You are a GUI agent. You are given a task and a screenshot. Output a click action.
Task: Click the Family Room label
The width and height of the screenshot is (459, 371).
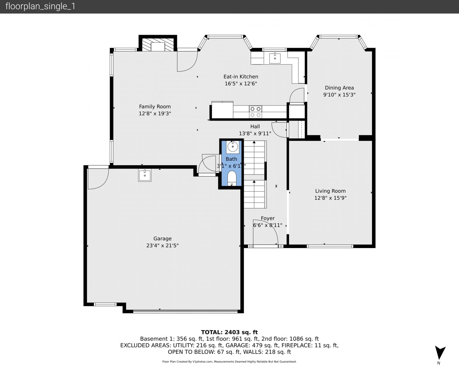(x=155, y=106)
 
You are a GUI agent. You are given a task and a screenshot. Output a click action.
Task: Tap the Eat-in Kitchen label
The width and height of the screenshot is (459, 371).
(x=241, y=77)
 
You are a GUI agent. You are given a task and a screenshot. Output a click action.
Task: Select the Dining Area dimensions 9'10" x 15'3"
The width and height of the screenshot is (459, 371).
(x=339, y=95)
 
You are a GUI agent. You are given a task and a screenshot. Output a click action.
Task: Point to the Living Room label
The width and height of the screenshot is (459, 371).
(x=330, y=191)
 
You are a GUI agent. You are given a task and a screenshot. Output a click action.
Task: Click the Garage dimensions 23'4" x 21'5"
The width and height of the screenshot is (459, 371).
(x=163, y=246)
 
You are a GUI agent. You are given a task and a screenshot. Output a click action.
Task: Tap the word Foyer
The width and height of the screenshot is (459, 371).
(x=267, y=218)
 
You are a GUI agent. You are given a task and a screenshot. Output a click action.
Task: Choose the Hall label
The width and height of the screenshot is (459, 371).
(x=255, y=127)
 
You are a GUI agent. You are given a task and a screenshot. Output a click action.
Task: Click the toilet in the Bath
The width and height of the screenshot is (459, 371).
(x=232, y=178)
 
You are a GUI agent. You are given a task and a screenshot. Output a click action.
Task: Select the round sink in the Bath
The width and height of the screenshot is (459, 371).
(x=232, y=147)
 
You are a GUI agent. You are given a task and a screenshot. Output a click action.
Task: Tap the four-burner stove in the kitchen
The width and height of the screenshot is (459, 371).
(x=255, y=112)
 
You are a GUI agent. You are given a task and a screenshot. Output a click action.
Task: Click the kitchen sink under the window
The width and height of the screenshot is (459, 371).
(x=275, y=58)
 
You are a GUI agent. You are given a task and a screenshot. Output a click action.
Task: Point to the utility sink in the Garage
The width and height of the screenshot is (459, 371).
(x=145, y=175)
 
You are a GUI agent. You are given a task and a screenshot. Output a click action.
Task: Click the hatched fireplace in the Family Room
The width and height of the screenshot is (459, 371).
(x=158, y=45)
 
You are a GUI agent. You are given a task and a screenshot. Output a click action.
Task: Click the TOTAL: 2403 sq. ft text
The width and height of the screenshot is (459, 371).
(x=229, y=332)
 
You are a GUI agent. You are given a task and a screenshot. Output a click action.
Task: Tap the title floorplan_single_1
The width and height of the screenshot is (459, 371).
(x=40, y=7)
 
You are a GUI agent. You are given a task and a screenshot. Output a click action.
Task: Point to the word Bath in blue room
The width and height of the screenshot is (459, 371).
(x=231, y=159)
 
